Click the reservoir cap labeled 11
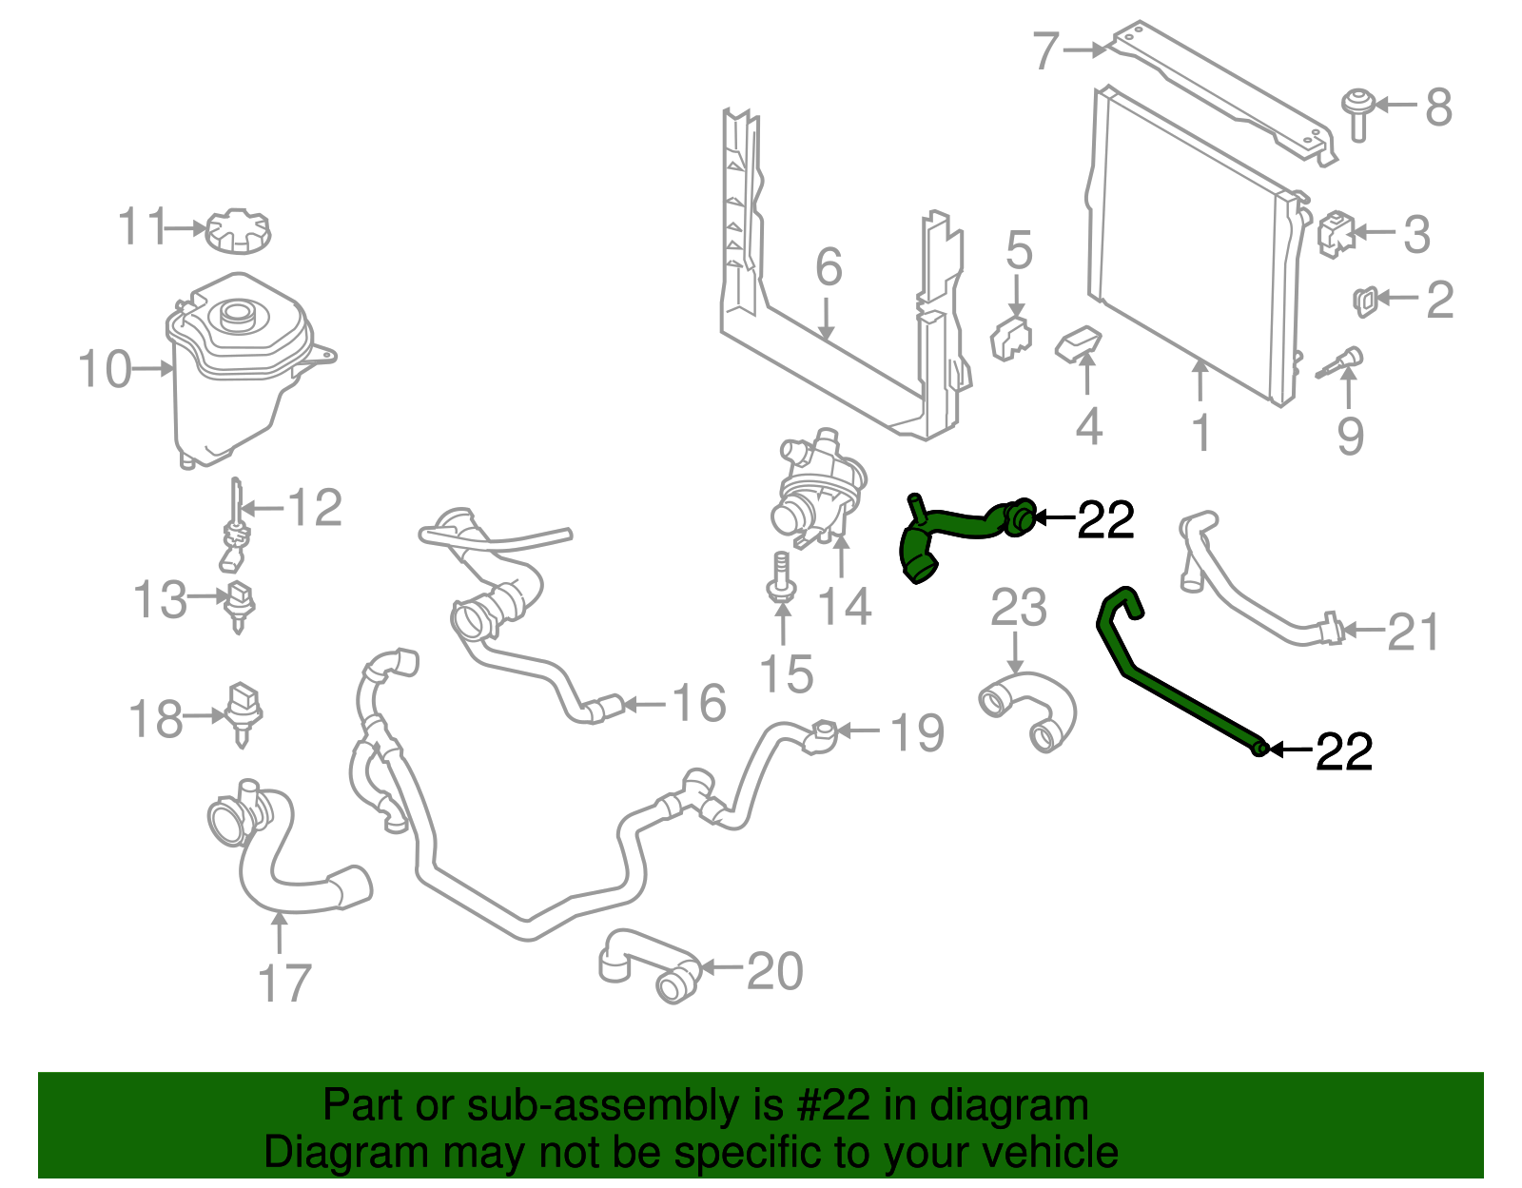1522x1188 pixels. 238,231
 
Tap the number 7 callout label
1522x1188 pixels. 1045,51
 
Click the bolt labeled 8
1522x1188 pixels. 1357,112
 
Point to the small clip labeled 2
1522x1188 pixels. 1364,301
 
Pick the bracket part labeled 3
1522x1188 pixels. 1335,233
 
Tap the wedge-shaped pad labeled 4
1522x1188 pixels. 1079,344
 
